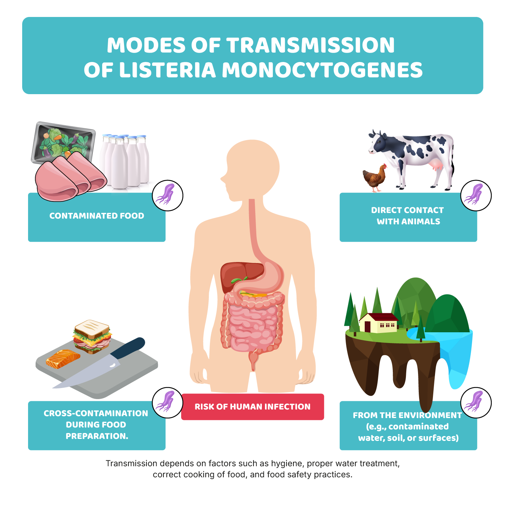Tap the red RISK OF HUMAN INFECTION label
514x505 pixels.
(x=252, y=407)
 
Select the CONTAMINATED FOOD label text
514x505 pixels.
(x=97, y=216)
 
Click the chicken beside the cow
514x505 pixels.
(x=375, y=178)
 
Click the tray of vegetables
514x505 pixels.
(x=63, y=142)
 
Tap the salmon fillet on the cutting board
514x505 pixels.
(x=63, y=359)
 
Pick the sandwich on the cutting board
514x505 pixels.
(x=92, y=336)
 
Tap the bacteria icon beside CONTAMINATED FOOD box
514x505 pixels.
(x=168, y=195)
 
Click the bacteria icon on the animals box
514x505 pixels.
(x=476, y=195)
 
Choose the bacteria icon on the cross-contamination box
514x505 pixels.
(x=168, y=403)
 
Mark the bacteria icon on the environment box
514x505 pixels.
(x=476, y=403)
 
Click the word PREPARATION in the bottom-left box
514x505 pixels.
(x=97, y=436)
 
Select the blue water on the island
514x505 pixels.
(x=450, y=350)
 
